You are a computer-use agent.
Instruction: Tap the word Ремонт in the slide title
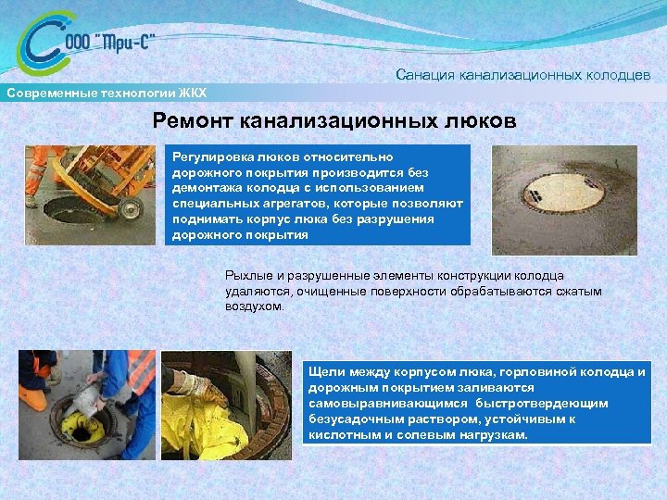pos(193,120)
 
